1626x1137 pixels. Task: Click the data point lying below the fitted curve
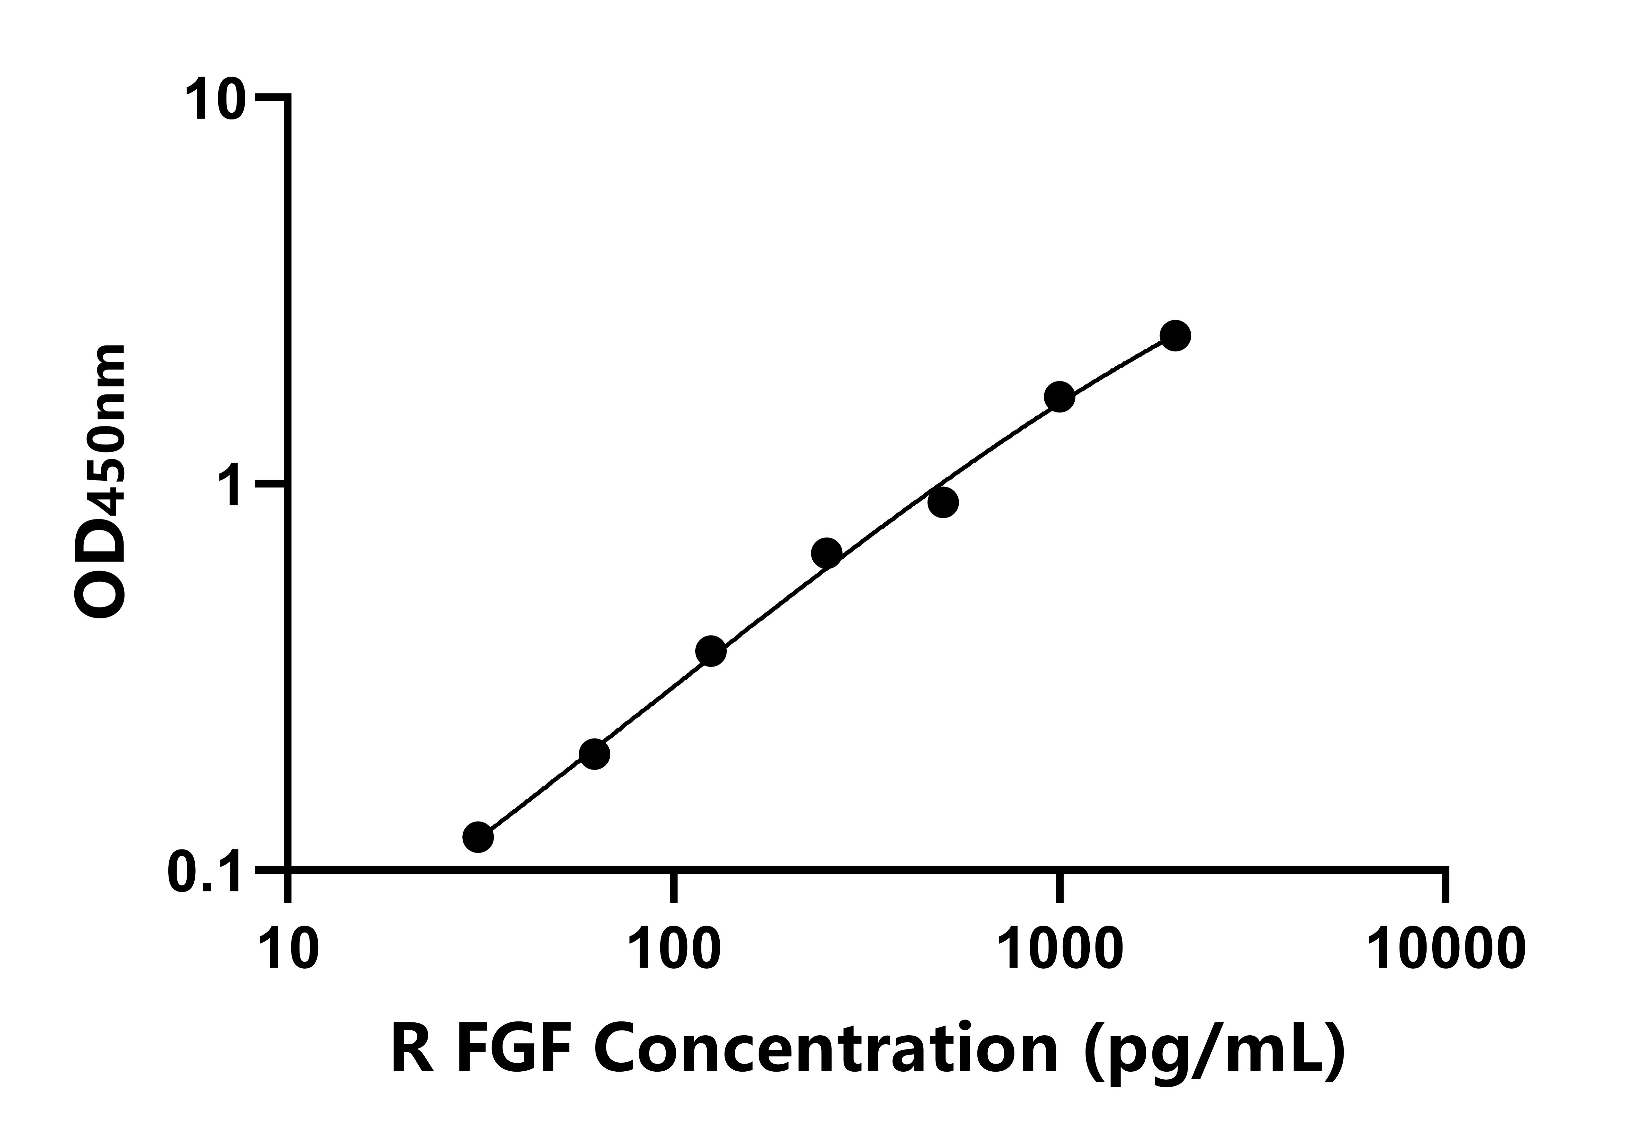pos(943,503)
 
